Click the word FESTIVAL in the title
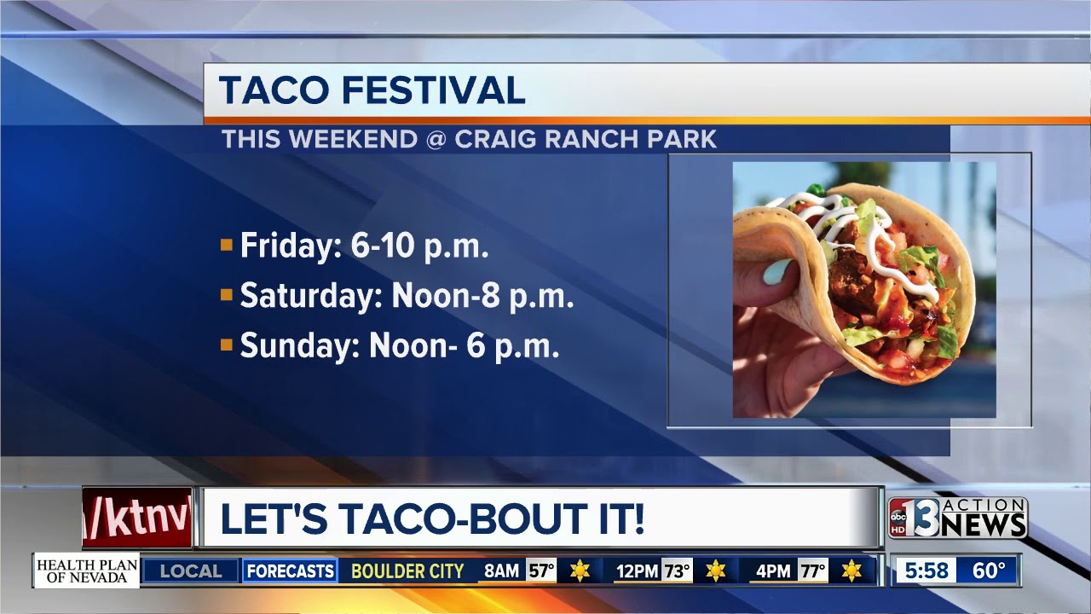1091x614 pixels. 434,90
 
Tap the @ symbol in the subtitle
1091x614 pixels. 436,139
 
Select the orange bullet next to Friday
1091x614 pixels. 227,244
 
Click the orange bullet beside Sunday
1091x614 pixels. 227,345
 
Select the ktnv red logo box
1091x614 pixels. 137,518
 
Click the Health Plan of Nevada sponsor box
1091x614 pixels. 87,571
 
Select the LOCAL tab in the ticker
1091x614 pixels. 190,571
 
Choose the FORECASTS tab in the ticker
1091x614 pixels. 290,571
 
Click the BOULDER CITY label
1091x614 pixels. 407,571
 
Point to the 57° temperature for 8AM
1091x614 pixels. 541,571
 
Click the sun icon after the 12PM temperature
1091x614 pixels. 715,571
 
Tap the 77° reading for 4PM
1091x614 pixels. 813,571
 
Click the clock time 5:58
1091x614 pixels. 926,571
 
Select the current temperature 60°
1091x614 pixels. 989,571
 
